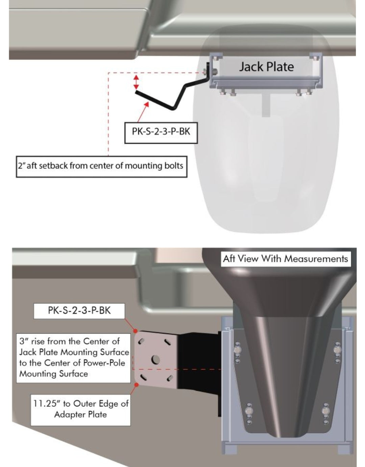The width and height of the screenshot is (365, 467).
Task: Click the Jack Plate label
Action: click(x=266, y=67)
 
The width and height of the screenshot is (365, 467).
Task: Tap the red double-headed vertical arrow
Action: click(x=136, y=82)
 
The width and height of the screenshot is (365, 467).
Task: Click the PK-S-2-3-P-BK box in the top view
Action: click(x=161, y=133)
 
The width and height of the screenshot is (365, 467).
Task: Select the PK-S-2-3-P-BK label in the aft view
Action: click(x=79, y=311)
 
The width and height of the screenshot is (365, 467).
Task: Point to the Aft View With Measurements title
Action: click(x=285, y=259)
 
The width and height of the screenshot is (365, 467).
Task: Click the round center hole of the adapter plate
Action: click(x=155, y=359)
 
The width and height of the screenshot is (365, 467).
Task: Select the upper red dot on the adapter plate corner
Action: click(x=135, y=331)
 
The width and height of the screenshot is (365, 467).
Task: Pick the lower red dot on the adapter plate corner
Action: click(x=136, y=384)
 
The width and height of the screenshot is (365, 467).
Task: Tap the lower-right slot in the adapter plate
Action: click(x=170, y=378)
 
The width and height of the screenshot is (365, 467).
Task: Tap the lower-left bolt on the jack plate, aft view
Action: click(x=249, y=410)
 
